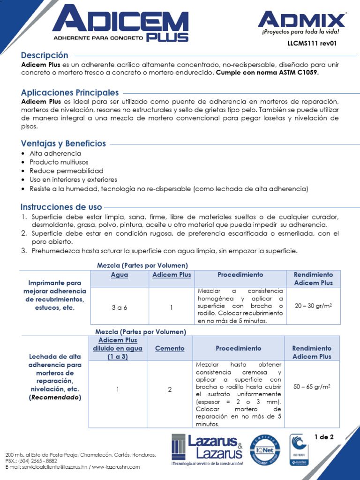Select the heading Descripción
pyautogui.click(x=45, y=55)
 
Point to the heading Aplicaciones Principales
pyautogui.click(x=70, y=93)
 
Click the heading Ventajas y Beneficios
pyautogui.click(x=63, y=143)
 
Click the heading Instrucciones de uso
pyautogui.click(x=61, y=207)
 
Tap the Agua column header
pyautogui.click(x=120, y=275)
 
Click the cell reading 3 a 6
pyautogui.click(x=120, y=307)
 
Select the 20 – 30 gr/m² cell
pyautogui.click(x=313, y=306)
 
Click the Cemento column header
pyautogui.click(x=170, y=348)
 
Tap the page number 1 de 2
pyautogui.click(x=324, y=437)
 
